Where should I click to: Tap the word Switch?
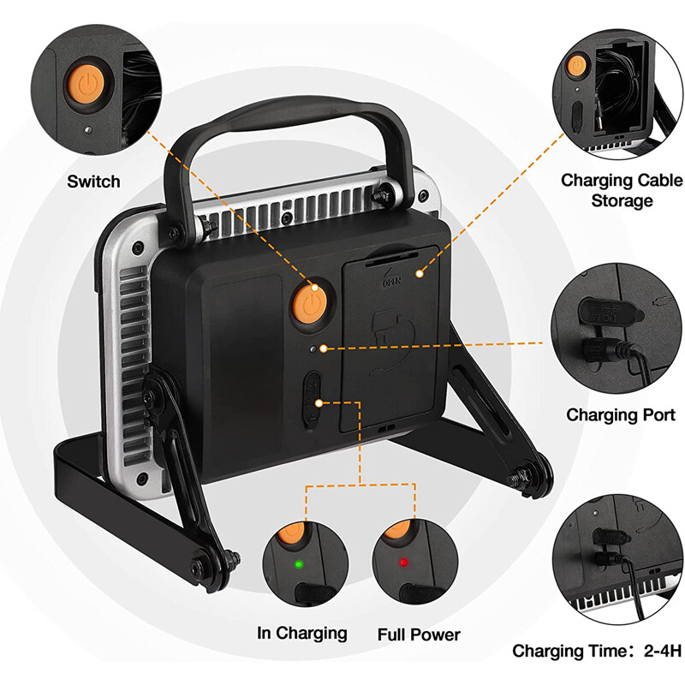point(93,182)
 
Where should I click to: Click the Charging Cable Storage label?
point(622,190)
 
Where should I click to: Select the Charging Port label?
point(622,414)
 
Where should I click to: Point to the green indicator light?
point(297,564)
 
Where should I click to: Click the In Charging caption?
point(302,633)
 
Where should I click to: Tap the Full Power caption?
point(419,634)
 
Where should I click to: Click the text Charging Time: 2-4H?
point(598,651)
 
